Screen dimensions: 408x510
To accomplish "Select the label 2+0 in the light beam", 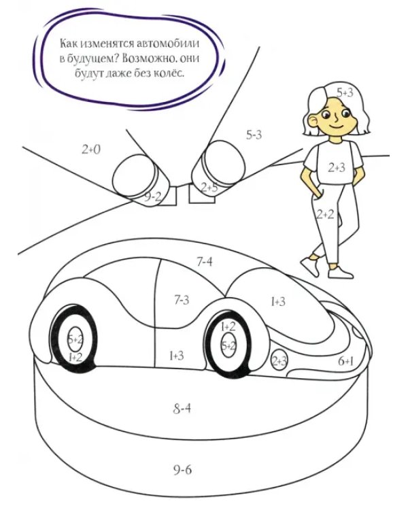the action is (x=91, y=150).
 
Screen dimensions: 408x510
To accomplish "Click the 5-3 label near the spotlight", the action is (x=254, y=135).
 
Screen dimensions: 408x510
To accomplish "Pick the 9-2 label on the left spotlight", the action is (x=152, y=197).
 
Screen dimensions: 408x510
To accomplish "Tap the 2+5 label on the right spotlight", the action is (x=209, y=188).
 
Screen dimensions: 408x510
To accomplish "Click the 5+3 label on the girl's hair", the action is (x=345, y=93).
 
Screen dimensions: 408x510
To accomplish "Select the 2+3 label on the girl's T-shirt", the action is (x=337, y=168).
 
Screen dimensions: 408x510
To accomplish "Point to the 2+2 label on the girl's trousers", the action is (x=325, y=214).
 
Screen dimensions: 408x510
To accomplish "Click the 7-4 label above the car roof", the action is (x=204, y=261).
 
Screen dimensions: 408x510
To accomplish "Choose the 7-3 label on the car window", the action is (x=182, y=300).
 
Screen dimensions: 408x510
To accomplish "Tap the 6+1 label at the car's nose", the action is (x=345, y=361).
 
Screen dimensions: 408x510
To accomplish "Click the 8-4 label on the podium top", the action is (x=182, y=409).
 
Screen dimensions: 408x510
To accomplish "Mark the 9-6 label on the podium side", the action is (x=182, y=470).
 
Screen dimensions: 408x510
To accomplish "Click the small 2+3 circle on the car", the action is (x=279, y=360).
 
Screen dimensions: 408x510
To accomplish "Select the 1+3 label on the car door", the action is (x=176, y=356).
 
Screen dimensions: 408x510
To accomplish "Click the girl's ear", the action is (x=313, y=120).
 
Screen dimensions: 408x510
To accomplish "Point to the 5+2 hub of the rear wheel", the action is (x=75, y=340).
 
